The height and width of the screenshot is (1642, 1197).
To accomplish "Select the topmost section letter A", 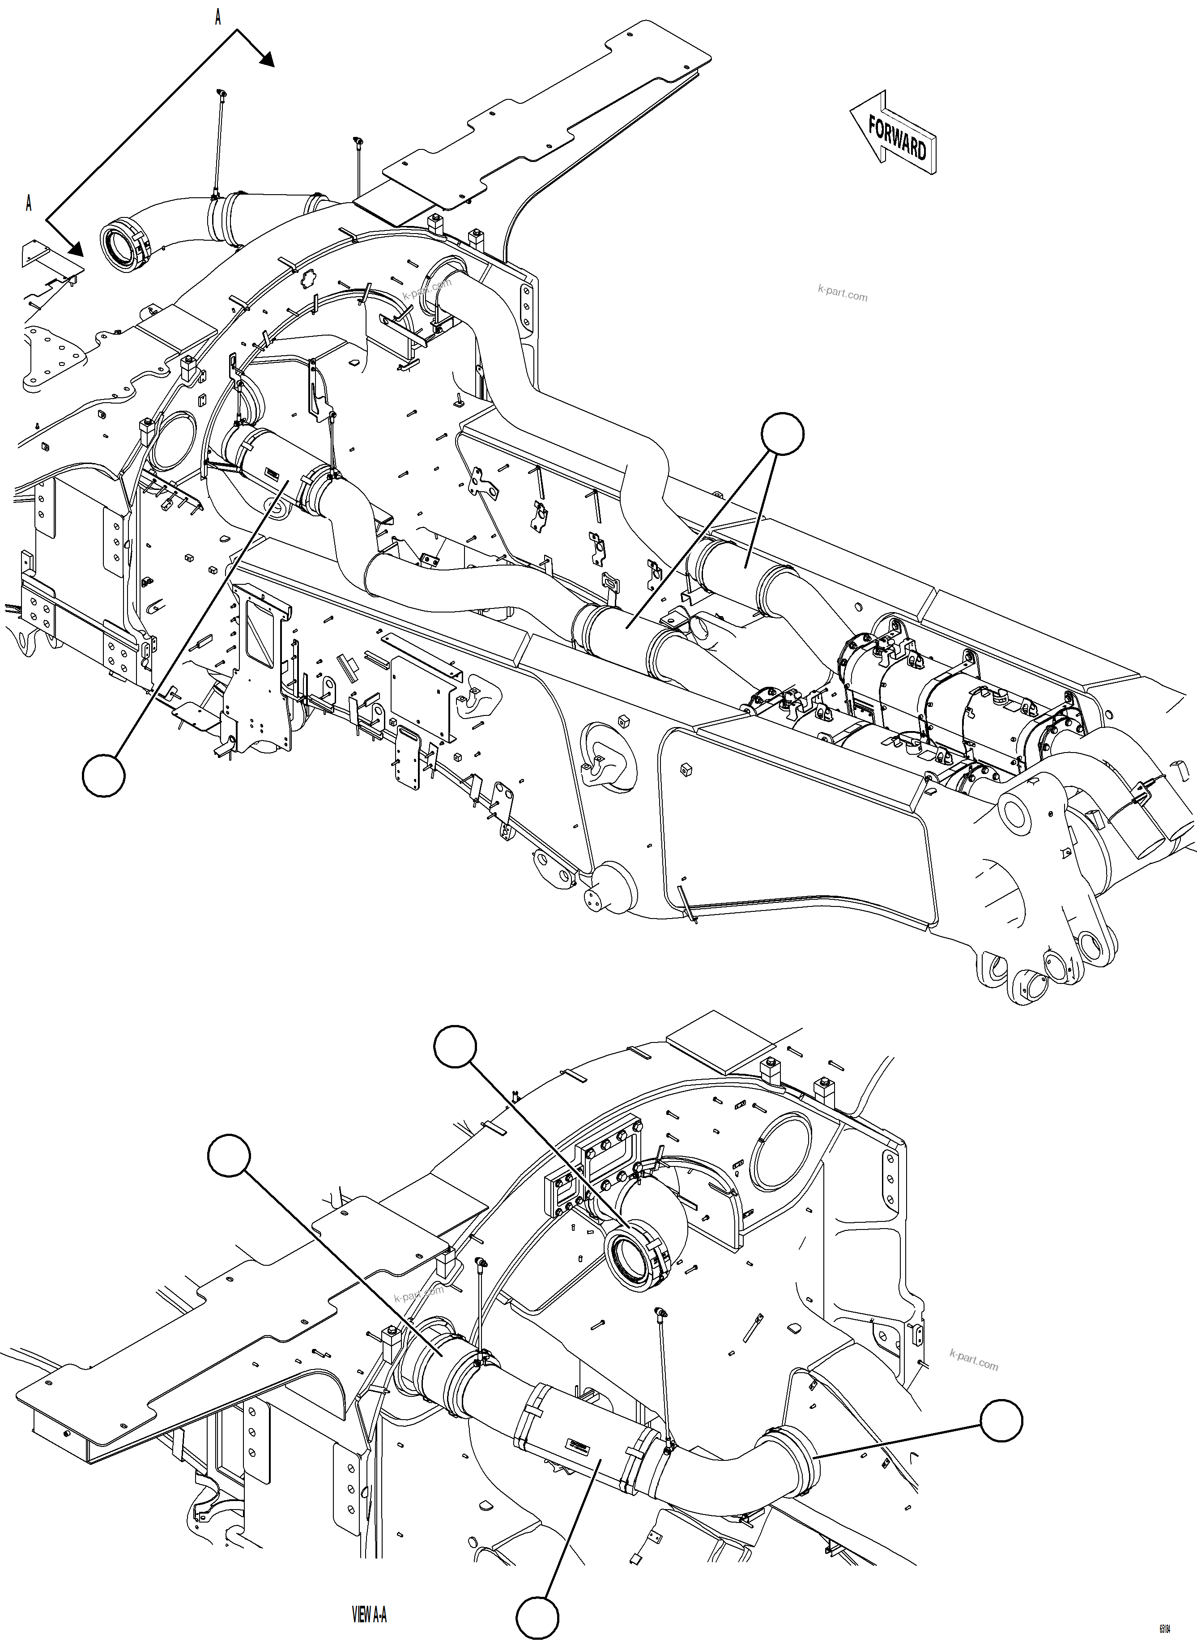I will (217, 17).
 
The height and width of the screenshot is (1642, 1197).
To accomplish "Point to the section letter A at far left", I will (28, 204).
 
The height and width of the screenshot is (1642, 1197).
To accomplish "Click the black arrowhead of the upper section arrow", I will (265, 59).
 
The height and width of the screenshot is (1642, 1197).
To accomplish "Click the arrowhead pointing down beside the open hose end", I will (75, 249).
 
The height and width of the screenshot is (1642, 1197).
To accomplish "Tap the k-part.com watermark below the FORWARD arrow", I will (842, 294).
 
